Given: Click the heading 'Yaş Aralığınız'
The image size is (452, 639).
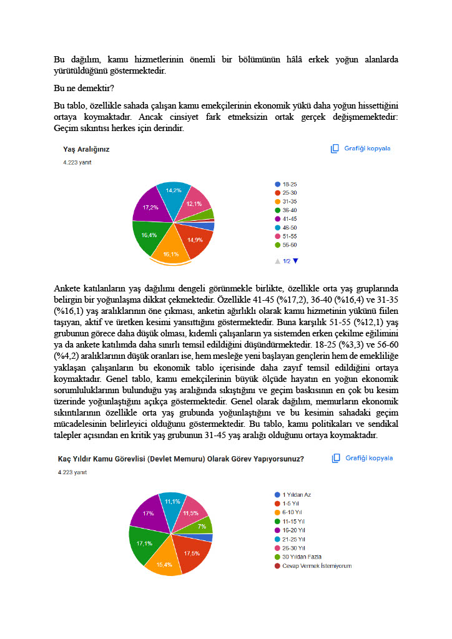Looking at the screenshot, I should (86, 150).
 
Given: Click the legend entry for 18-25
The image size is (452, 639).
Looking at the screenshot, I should (289, 185).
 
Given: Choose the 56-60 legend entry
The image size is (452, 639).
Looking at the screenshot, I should (289, 246).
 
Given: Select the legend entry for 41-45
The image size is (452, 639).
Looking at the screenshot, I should (289, 220).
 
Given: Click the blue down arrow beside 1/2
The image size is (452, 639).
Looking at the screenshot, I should (296, 261).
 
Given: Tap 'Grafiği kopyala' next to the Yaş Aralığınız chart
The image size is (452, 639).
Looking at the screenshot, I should (361, 149).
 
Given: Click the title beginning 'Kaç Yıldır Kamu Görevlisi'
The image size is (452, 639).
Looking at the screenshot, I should (180, 459).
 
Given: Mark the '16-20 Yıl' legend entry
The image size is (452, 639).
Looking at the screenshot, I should (293, 530).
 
